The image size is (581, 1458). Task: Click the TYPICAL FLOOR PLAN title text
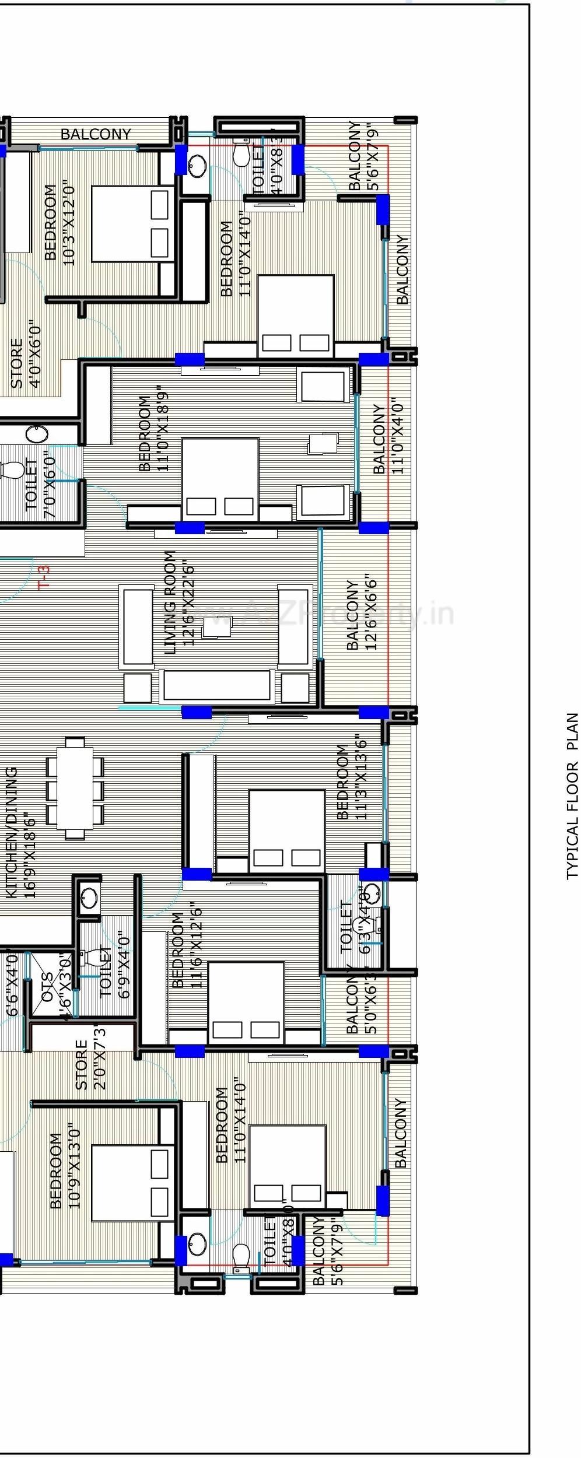[572, 795]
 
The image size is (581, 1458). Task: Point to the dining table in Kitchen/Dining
[75, 787]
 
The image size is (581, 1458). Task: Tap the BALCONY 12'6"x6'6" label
[362, 615]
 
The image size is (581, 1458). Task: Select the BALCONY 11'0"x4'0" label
[388, 438]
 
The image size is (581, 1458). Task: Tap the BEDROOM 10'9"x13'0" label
[64, 1170]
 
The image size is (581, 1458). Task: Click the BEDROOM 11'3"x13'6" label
[352, 781]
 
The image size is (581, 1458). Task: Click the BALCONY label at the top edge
[96, 134]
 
